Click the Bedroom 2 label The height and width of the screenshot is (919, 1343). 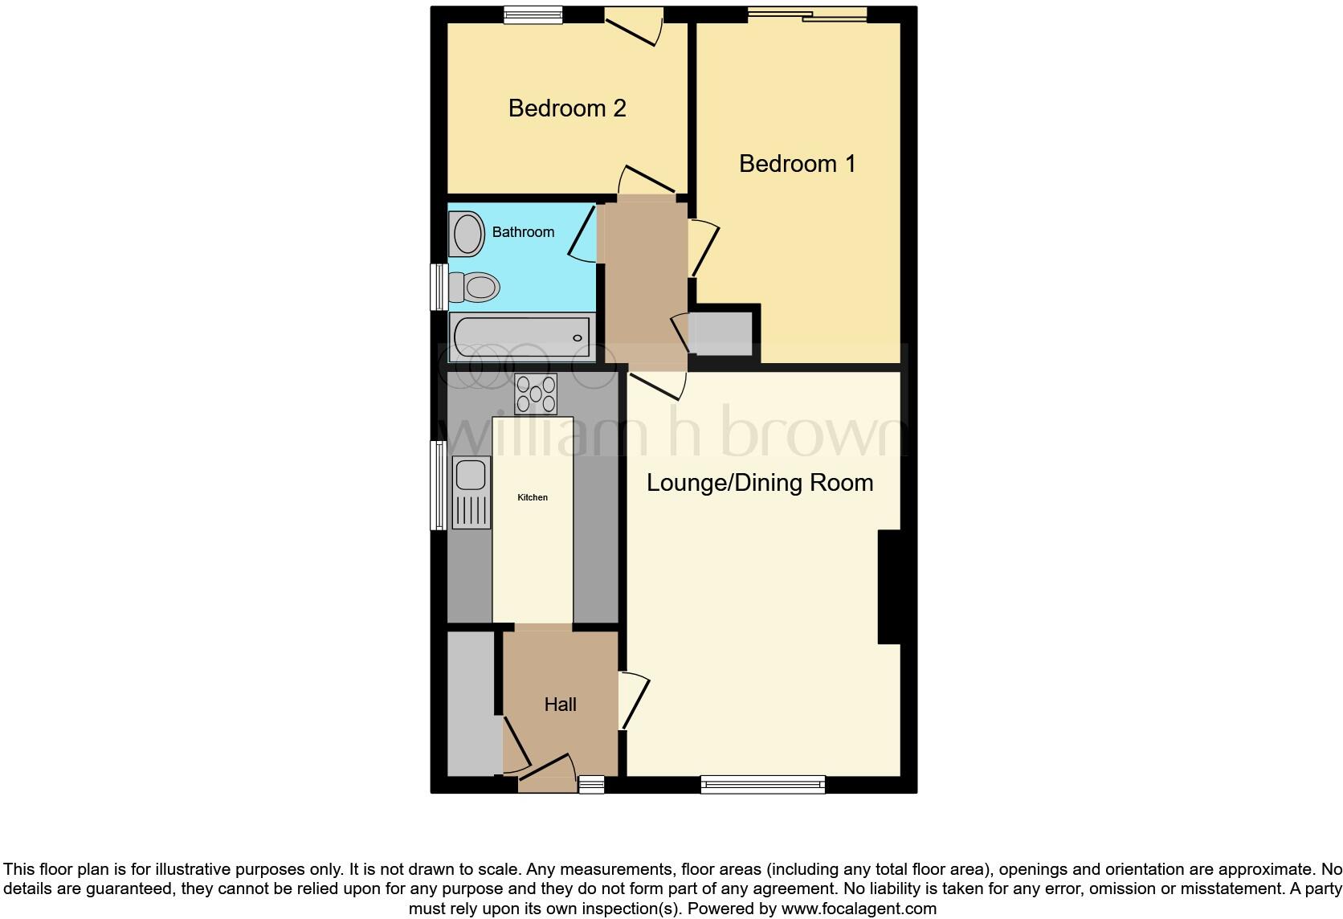point(567,108)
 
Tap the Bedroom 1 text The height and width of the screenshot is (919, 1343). point(797,164)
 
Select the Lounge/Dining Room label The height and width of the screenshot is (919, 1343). point(760,483)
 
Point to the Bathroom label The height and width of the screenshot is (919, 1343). point(523,232)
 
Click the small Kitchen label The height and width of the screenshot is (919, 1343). point(533,498)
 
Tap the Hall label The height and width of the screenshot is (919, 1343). point(560,705)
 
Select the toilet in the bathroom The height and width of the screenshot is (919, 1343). point(475,287)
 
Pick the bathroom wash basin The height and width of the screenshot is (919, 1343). point(465,234)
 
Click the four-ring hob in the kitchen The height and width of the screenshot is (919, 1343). point(536,394)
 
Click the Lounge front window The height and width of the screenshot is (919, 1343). point(762,784)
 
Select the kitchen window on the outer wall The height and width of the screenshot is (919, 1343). point(439,485)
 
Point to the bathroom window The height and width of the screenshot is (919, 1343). point(439,287)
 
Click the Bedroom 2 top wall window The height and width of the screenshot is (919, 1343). point(533,14)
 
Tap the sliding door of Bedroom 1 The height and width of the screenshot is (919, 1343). point(806,14)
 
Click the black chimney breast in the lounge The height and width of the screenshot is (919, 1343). point(889,586)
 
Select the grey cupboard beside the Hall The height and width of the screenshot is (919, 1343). point(474,704)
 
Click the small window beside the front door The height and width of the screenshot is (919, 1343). point(592,785)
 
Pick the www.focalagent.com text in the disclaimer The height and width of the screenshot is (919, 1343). point(857,909)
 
